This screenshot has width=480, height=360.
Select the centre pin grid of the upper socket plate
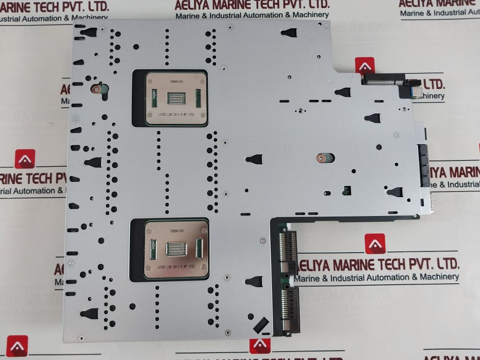tap(176, 98)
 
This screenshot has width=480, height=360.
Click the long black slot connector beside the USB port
tap(384, 81)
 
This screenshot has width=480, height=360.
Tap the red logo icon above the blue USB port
tap(365, 65)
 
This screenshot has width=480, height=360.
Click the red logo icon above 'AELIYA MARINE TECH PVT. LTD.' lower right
tap(375, 244)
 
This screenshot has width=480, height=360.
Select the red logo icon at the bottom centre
tap(260, 346)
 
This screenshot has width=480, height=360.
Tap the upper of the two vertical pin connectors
tap(288, 249)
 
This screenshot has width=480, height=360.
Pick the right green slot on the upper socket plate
tap(198, 97)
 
